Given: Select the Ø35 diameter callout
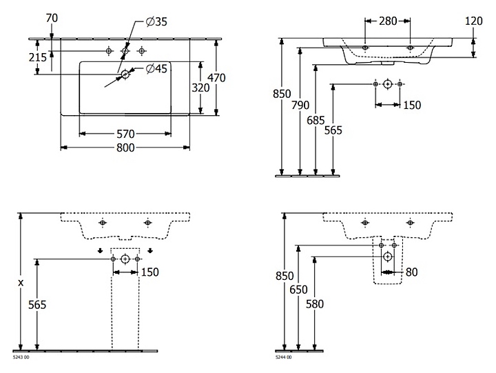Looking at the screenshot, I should [x=156, y=22].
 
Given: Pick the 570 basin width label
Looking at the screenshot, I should [x=125, y=133].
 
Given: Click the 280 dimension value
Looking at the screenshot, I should [x=388, y=21].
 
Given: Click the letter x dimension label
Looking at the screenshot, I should [x=21, y=282].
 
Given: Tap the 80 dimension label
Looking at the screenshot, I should [x=412, y=272].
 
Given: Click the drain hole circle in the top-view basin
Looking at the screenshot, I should [x=125, y=74].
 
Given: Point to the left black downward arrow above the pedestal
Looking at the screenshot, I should [x=100, y=250].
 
